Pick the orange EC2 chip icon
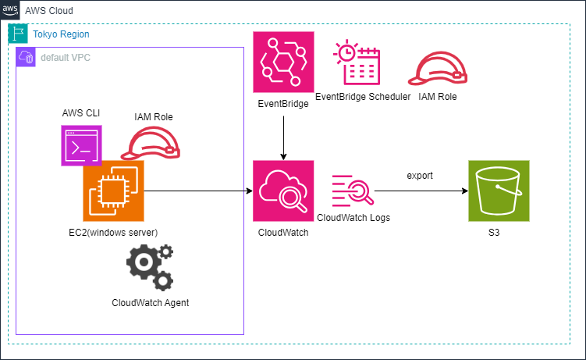coord(114,191)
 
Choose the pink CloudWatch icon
coord(283,191)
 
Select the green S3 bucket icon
coord(499,191)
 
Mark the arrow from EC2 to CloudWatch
coord(199,191)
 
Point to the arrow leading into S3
coord(421,191)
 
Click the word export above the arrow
coord(420,176)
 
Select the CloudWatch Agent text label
coord(150,302)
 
